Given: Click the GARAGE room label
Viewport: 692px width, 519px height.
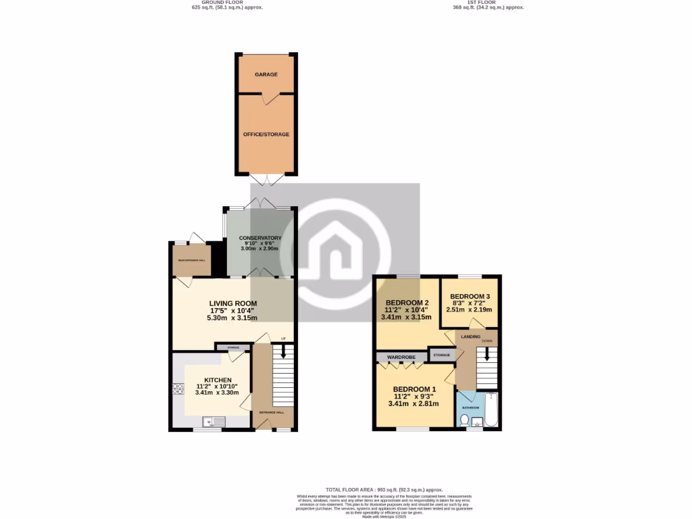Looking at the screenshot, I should (x=266, y=74).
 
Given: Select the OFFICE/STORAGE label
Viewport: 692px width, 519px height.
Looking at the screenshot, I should (x=266, y=134).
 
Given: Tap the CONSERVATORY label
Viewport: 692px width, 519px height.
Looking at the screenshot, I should (x=260, y=238).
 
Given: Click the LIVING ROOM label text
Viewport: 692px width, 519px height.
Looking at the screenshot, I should (x=233, y=303).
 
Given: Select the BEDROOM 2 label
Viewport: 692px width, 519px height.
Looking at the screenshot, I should (x=407, y=303).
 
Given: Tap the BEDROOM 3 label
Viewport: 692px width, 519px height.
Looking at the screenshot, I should (x=470, y=297).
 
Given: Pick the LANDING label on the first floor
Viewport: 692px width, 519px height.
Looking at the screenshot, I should (x=470, y=336).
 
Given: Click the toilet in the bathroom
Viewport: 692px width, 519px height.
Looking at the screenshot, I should (x=464, y=421).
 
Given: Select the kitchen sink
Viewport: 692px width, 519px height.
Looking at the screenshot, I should (x=210, y=422).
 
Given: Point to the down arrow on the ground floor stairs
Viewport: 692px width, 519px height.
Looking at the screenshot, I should (x=283, y=352).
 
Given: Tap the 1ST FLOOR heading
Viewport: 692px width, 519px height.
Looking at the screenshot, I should (x=488, y=3).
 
